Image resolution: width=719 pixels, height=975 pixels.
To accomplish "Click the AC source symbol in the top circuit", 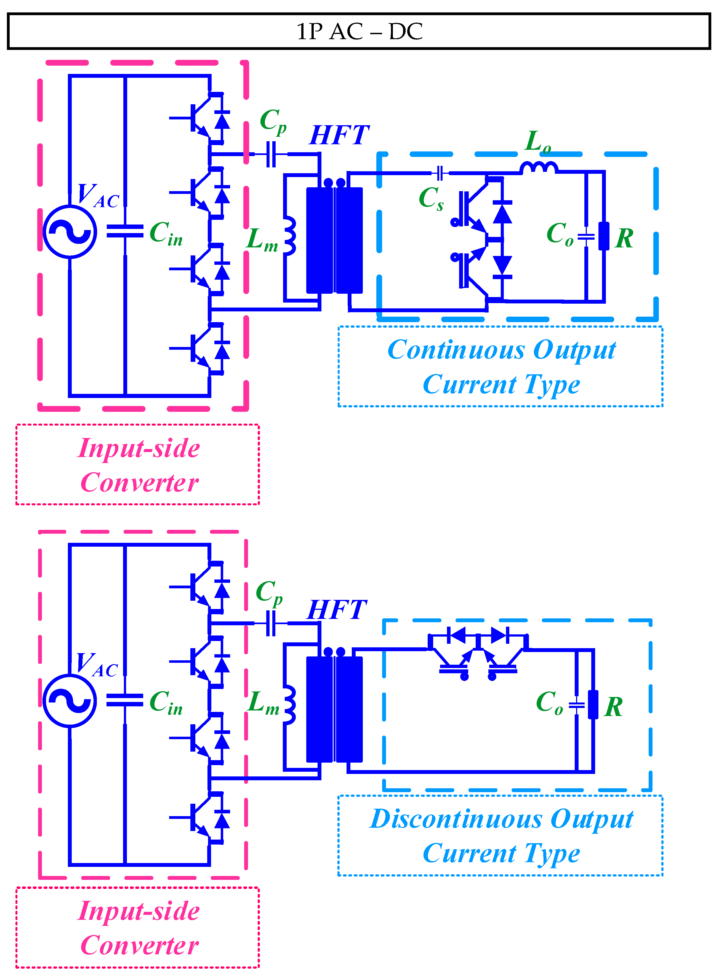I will click(70, 231).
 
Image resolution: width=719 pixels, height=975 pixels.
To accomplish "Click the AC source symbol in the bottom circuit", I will click(70, 701).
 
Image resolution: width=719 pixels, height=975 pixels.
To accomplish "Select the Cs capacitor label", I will click(431, 199).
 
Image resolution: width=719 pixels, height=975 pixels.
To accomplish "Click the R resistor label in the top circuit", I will click(624, 238).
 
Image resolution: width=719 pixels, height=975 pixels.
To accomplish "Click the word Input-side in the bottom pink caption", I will click(139, 911).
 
